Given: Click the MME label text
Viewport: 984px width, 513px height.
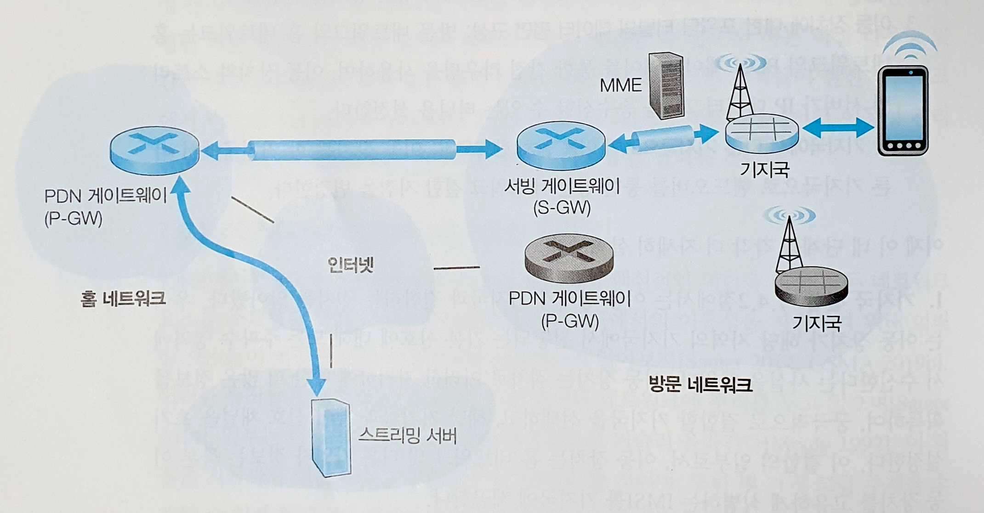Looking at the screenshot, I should coord(620,85).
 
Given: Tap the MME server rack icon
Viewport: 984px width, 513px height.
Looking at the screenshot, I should coord(665,86).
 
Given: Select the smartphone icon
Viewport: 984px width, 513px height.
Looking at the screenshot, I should coord(903,112).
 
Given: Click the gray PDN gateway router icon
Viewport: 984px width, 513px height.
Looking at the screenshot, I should coord(569,258).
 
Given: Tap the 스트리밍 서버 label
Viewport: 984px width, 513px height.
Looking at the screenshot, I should coord(407,435).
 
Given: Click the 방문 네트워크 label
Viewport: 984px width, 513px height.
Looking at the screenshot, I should coord(700,384).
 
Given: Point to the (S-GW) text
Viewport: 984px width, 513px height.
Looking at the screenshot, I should coord(562,208).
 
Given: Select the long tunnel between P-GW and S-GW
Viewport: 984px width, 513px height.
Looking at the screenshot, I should coord(352,150).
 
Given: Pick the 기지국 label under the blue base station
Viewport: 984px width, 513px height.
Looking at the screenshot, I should coord(764,169).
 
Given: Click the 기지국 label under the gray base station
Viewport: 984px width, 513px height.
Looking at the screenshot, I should coord(816,323).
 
